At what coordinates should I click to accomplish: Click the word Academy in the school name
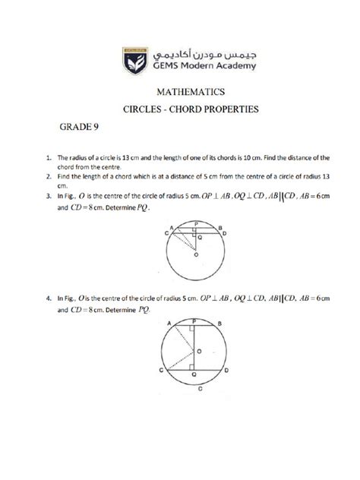(227, 67)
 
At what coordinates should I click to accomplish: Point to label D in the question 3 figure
(225, 235)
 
